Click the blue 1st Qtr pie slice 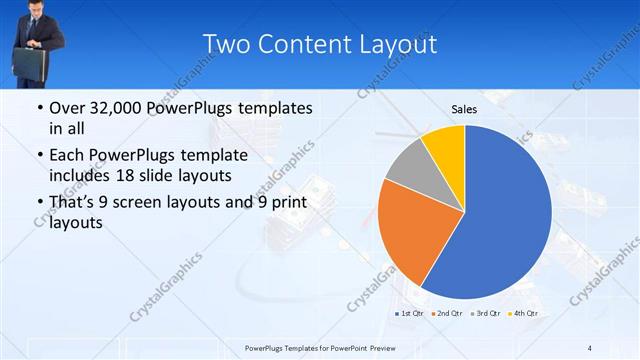(505, 215)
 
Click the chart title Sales (463, 109)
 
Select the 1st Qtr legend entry (410, 313)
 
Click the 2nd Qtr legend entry (448, 313)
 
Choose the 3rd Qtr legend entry (487, 313)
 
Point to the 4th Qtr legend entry (525, 313)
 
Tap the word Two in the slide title (227, 44)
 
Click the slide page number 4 (590, 348)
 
